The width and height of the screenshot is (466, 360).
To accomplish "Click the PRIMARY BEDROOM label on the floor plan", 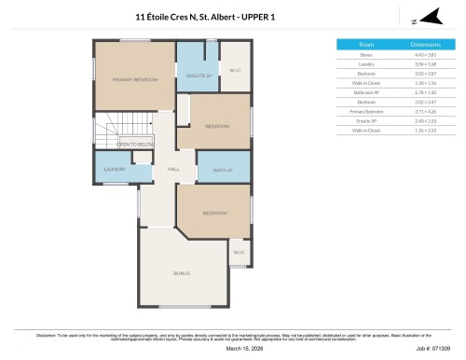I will pos(135,80).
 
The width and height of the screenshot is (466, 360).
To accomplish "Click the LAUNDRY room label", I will pos(115,169).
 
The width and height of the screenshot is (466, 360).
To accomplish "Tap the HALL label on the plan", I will pos(172,169).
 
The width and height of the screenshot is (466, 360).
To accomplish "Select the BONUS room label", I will pos(183,273).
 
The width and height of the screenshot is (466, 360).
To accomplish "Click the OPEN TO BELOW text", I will pos(135,145).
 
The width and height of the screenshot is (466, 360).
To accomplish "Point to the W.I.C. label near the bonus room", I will pos(239,252).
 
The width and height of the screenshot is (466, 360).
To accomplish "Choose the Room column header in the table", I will pos(366,44).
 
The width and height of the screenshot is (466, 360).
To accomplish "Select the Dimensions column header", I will pos(424,44).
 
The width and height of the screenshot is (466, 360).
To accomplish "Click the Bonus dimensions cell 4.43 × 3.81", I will pos(424,55).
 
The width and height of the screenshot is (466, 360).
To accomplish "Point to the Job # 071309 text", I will pos(435,350).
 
